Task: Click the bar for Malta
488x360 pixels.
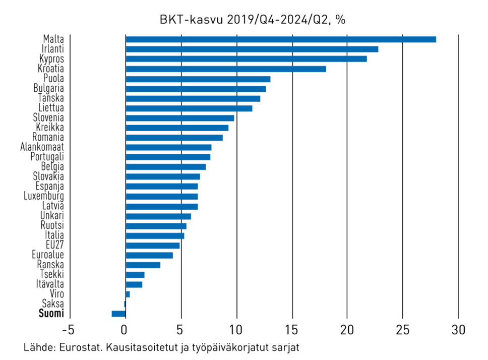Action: click(x=280, y=39)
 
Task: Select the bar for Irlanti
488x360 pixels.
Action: click(x=252, y=49)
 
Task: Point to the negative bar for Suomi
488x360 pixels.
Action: click(x=118, y=314)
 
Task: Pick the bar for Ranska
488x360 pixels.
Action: click(x=143, y=265)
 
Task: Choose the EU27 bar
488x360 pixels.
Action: click(x=152, y=245)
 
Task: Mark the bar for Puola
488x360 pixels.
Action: click(x=198, y=79)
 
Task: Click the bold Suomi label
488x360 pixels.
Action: click(x=51, y=314)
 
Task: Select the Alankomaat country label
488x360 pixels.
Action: click(x=42, y=147)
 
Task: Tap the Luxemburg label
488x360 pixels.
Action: click(x=44, y=196)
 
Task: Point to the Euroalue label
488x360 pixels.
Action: click(x=46, y=255)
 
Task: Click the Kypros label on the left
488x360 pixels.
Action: click(x=51, y=59)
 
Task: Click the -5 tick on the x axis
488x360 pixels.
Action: click(x=69, y=331)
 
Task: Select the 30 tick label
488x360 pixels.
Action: click(x=458, y=331)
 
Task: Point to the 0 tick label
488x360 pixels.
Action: click(x=125, y=331)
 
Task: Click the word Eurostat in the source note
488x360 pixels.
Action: click(x=76, y=348)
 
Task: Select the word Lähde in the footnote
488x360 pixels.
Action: click(x=38, y=348)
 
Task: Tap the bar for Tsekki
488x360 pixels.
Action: click(x=135, y=275)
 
